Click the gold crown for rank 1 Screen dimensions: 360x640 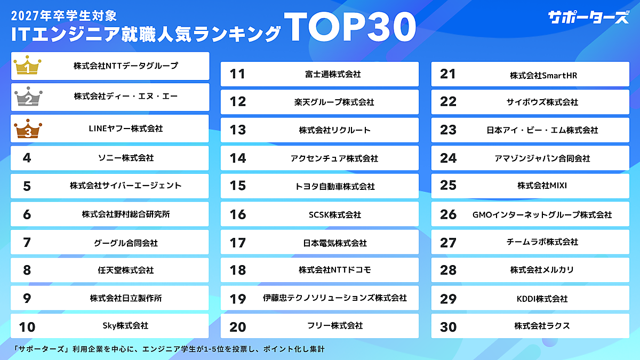point(27,67)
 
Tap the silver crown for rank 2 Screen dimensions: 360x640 point(27,98)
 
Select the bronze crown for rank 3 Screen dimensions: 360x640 point(27,129)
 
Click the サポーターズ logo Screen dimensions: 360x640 point(588,17)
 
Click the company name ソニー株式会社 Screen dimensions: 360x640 point(126,158)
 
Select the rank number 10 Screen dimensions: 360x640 point(27,326)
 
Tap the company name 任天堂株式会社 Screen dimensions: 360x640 point(126,270)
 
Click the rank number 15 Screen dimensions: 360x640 point(237,186)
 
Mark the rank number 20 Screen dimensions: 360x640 point(237,326)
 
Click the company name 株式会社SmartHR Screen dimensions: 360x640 point(543,76)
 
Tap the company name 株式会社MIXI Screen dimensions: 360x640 point(542,186)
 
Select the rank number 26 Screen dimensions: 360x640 point(449,214)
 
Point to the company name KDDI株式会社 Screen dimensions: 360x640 point(542,299)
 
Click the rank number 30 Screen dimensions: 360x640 point(449,326)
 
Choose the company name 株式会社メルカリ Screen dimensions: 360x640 point(542,270)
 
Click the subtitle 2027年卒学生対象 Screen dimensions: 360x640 point(63,11)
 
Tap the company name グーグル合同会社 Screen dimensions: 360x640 point(126,243)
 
